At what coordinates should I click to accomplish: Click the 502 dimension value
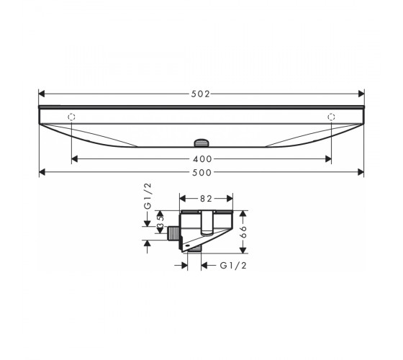[201, 94]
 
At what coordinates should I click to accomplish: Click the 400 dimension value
[202, 159]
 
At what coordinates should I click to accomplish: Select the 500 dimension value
[202, 173]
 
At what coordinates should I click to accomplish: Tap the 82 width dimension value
[206, 199]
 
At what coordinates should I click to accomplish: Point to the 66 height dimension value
[243, 232]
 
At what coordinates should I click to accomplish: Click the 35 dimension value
[160, 222]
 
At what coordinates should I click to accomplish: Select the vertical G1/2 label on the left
[148, 196]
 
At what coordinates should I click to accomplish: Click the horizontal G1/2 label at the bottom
[233, 266]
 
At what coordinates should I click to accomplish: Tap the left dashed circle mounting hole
[71, 117]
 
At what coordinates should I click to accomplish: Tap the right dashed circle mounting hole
[331, 117]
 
